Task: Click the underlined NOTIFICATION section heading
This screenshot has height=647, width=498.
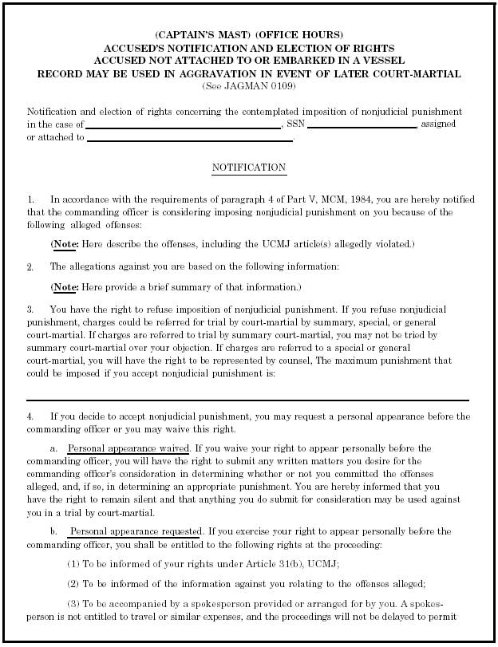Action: pyautogui.click(x=248, y=168)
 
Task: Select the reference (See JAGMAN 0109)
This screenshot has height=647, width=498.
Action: pyautogui.click(x=248, y=85)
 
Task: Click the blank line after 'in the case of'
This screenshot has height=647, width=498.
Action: pyautogui.click(x=183, y=125)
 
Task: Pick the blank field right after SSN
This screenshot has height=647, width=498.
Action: pyautogui.click(x=362, y=125)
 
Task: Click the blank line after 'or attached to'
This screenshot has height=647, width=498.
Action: pyautogui.click(x=190, y=138)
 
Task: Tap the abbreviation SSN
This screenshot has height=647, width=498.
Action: pyautogui.click(x=296, y=124)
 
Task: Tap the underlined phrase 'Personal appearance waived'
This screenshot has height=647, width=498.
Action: pyautogui.click(x=128, y=448)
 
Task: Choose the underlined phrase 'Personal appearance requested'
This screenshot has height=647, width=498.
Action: pyautogui.click(x=135, y=531)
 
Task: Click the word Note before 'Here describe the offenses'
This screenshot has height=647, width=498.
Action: pyautogui.click(x=65, y=243)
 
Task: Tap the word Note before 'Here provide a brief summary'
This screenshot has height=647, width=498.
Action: pyautogui.click(x=65, y=286)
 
